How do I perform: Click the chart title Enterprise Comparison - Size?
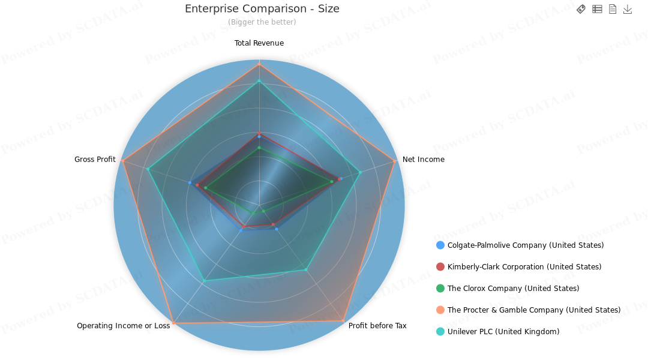pyautogui.click(x=262, y=9)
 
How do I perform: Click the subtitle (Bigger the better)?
pyautogui.click(x=262, y=22)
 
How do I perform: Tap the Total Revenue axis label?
pyautogui.click(x=259, y=43)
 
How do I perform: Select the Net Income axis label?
pyautogui.click(x=424, y=160)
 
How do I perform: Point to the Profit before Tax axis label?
pyautogui.click(x=377, y=326)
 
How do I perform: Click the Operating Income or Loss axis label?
pyautogui.click(x=123, y=326)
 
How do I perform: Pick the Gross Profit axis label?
pyautogui.click(x=95, y=160)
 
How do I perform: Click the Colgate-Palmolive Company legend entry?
pyautogui.click(x=526, y=245)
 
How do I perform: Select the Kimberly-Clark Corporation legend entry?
pyautogui.click(x=524, y=267)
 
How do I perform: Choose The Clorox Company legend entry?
pyautogui.click(x=513, y=289)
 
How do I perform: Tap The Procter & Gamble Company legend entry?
pyautogui.click(x=534, y=310)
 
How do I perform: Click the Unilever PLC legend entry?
pyautogui.click(x=503, y=332)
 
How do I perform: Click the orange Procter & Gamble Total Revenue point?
pyautogui.click(x=259, y=63)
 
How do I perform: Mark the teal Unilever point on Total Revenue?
pyautogui.click(x=259, y=80)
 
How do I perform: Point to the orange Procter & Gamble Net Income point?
pyautogui.click(x=395, y=161)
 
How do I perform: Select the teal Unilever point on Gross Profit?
pyautogui.click(x=148, y=169)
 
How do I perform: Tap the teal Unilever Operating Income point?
pyautogui.click(x=204, y=281)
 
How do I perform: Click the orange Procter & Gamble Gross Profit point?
pyautogui.click(x=122, y=161)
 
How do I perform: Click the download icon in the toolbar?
pyautogui.click(x=628, y=9)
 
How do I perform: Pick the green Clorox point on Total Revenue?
pyautogui.click(x=259, y=147)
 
